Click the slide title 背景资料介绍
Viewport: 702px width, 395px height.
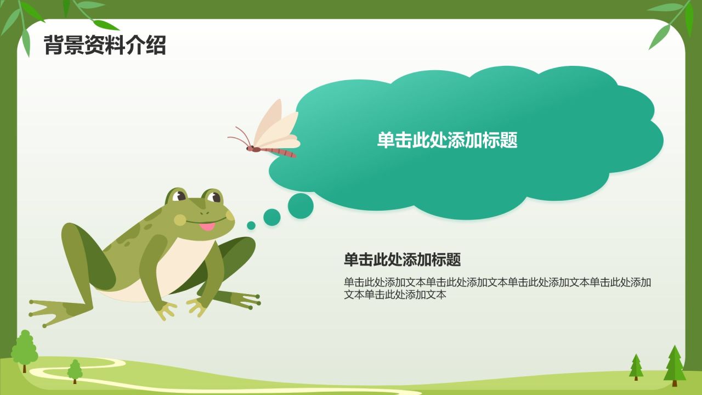tap(104, 45)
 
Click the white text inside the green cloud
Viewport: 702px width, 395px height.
tap(447, 140)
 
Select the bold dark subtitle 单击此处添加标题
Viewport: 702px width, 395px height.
tap(402, 259)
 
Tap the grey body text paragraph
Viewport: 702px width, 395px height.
tap(497, 288)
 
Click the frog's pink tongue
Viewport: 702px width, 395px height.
tap(207, 227)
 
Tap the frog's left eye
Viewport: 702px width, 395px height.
tap(178, 196)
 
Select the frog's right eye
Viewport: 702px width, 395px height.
tap(213, 197)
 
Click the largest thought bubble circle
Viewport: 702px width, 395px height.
tap(301, 206)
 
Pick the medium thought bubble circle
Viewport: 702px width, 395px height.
tap(271, 217)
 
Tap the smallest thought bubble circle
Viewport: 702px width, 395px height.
tap(251, 225)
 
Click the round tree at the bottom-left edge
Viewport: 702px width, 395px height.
tap(24, 349)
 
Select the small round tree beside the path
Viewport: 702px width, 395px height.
tap(75, 371)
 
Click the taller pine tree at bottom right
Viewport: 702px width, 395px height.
tap(675, 365)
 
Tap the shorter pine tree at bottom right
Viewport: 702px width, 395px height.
tap(636, 367)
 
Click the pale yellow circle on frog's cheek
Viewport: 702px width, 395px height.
tap(180, 220)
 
